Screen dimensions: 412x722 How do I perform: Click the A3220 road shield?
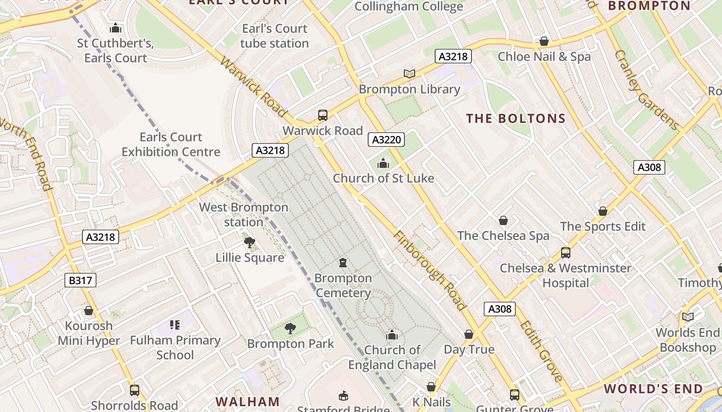(x=386, y=140)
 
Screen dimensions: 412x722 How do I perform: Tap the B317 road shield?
(x=80, y=280)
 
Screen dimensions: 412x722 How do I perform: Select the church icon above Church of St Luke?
(x=383, y=164)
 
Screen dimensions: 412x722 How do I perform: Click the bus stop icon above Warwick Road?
(x=323, y=115)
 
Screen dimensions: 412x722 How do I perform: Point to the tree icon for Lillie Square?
(x=250, y=242)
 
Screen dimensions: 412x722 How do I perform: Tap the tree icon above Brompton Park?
(x=290, y=328)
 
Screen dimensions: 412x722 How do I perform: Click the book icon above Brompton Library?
(x=409, y=74)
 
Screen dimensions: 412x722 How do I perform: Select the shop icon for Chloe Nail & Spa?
(x=544, y=41)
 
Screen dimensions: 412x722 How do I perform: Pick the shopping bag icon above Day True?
(x=469, y=334)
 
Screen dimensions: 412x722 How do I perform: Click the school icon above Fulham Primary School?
(x=175, y=325)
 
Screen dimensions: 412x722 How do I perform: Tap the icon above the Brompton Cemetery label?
(x=343, y=263)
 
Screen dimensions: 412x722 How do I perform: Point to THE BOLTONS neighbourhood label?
(x=516, y=118)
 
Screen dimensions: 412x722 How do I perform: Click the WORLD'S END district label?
(x=653, y=389)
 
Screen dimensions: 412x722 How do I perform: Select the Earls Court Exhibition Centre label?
(x=171, y=144)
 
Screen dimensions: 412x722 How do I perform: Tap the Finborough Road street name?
(x=429, y=270)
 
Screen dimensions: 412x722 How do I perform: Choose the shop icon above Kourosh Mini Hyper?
(x=89, y=311)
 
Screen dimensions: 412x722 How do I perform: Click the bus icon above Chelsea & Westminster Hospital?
(x=566, y=253)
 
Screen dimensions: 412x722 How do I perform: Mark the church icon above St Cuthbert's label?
(x=116, y=28)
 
